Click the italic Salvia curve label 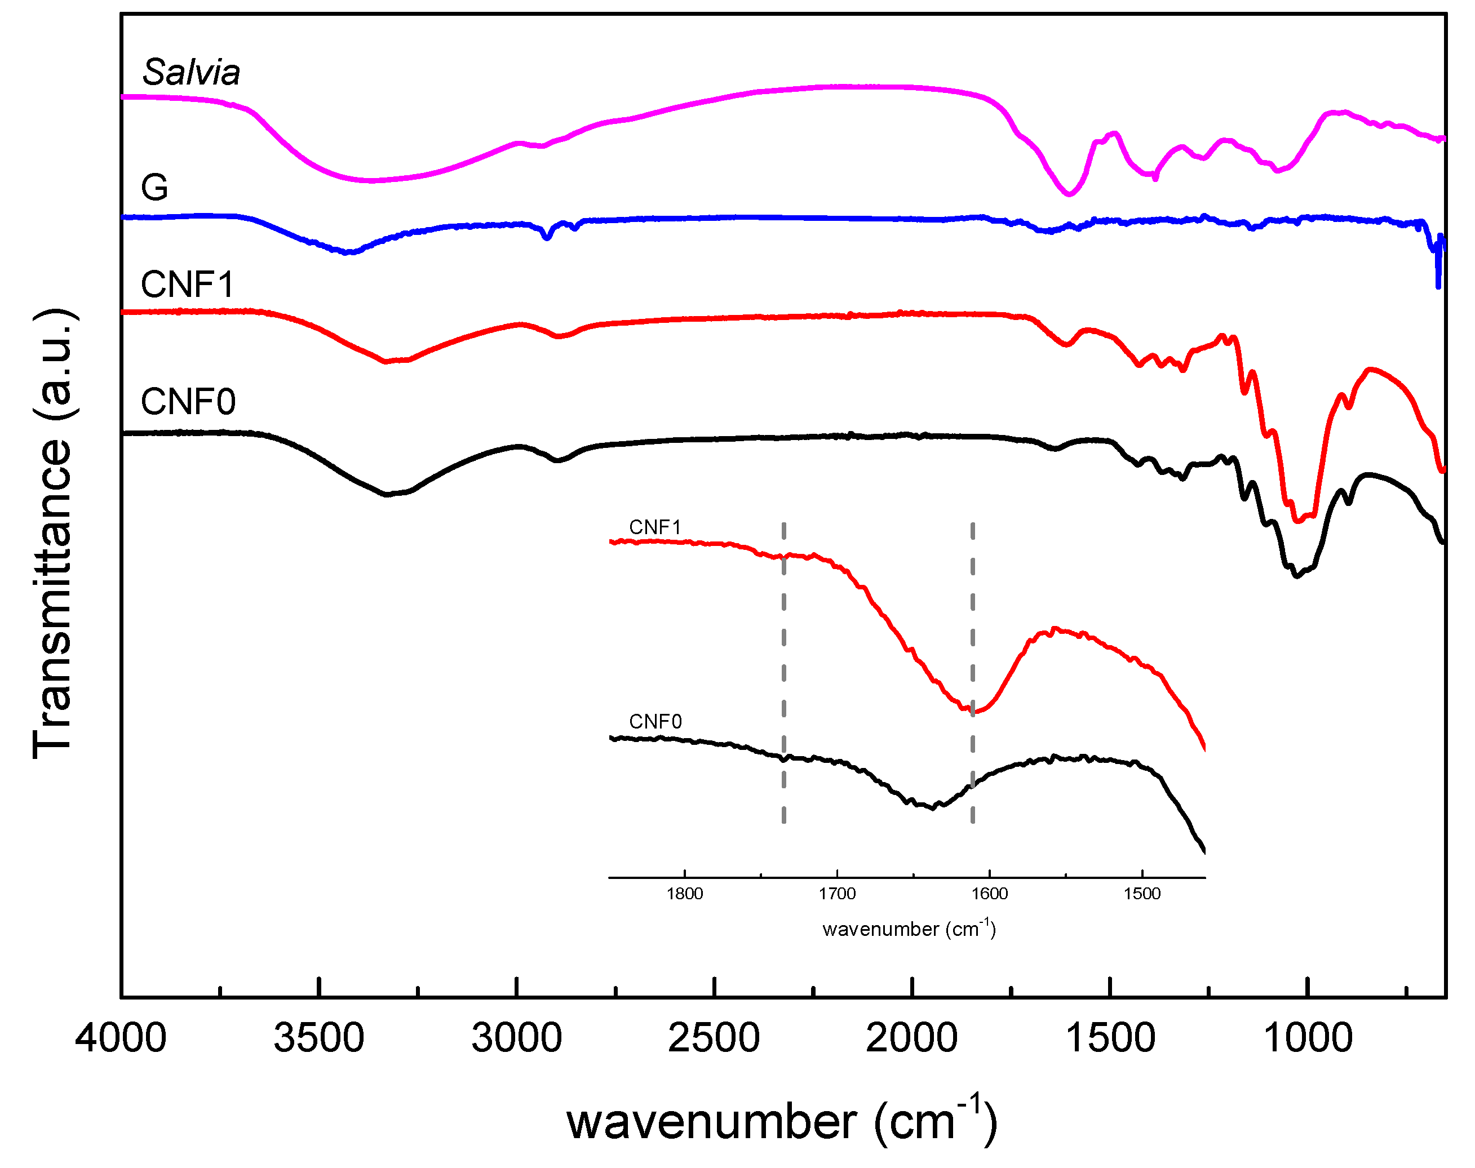click(x=191, y=73)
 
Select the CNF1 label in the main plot click(x=188, y=285)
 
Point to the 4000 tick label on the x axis click(x=121, y=1038)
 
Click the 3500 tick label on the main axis click(x=319, y=1038)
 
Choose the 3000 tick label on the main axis click(x=516, y=1038)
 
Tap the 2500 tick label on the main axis click(x=714, y=1038)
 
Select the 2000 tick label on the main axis click(x=911, y=1038)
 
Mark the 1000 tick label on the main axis click(x=1308, y=1038)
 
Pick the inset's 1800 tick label click(x=684, y=894)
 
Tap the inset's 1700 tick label click(x=837, y=894)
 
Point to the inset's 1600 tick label click(x=989, y=894)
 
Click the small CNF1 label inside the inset click(x=655, y=527)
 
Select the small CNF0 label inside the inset click(x=655, y=721)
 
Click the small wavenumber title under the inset click(x=909, y=929)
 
